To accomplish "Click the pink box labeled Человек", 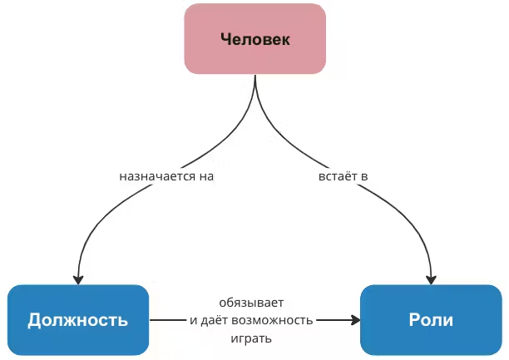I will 254,38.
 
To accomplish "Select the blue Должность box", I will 78,320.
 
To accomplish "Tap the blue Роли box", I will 431,320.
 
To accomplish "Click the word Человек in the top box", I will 254,39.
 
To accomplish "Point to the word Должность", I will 78,320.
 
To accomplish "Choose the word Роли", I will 431,320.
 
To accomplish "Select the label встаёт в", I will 343,177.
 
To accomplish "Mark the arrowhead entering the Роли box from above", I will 431,278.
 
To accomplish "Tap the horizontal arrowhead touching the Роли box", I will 355,320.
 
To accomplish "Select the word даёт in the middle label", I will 217,320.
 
